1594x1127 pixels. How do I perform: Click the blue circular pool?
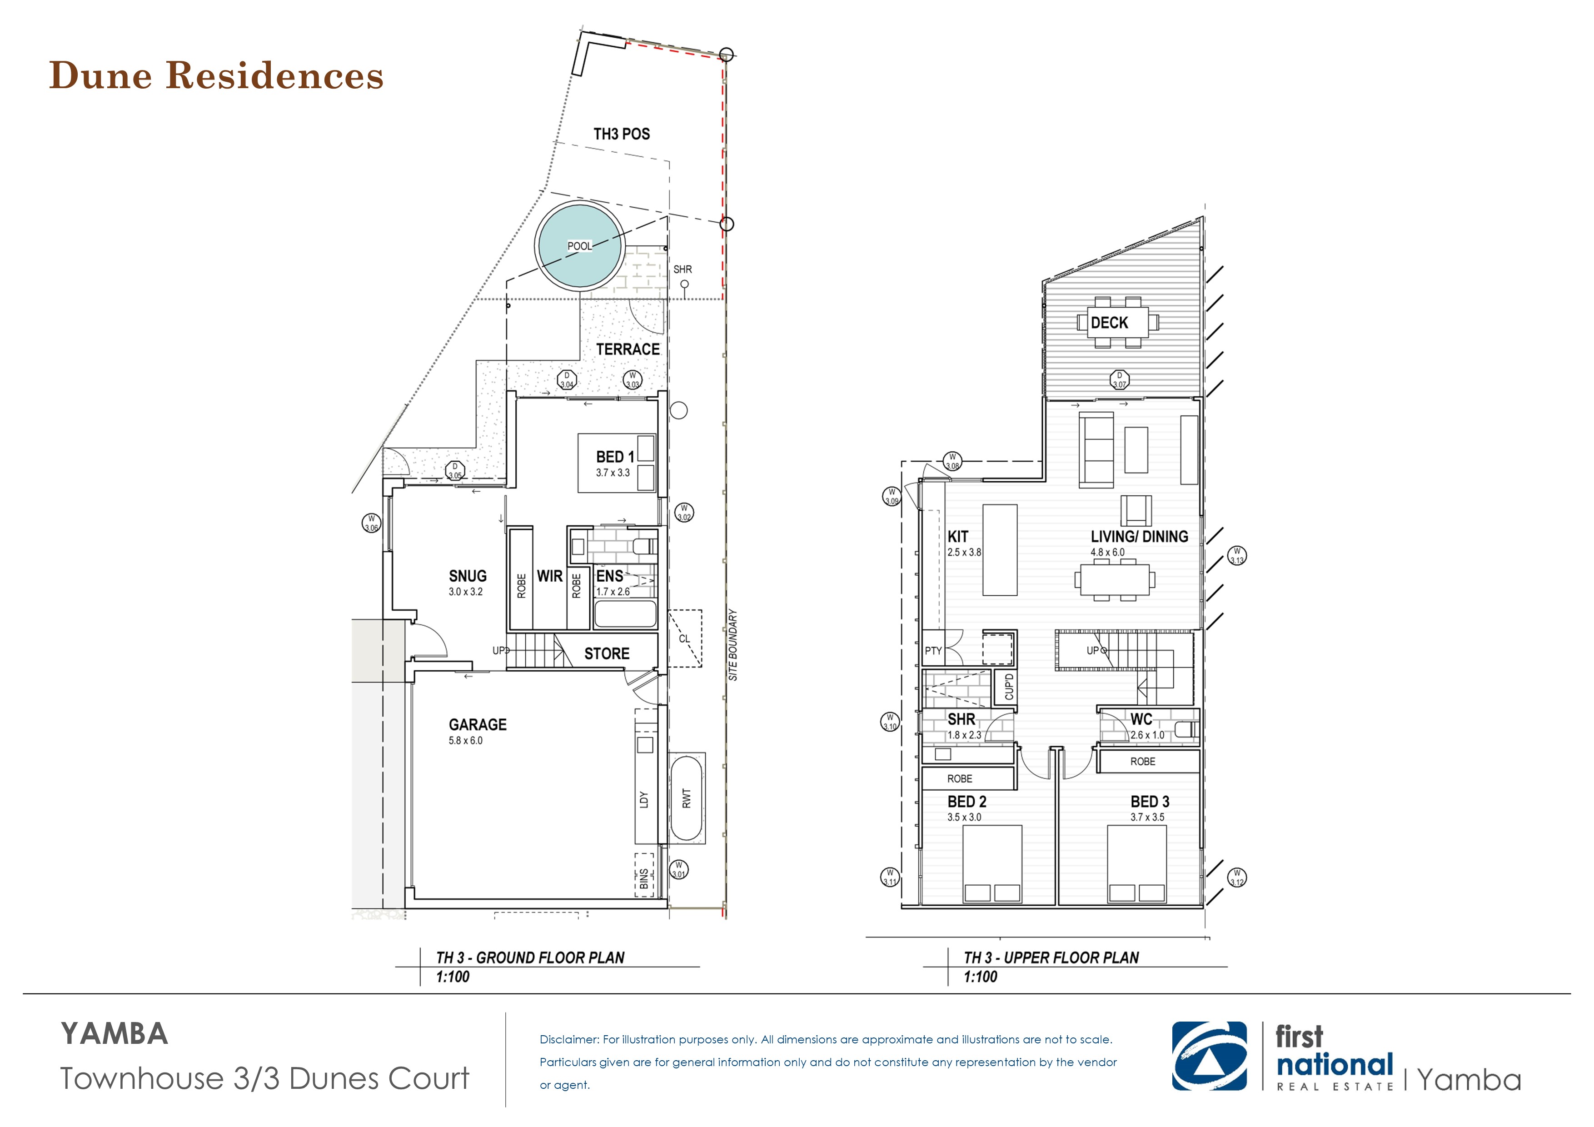click(x=580, y=246)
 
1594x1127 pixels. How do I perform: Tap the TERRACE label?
click(x=628, y=349)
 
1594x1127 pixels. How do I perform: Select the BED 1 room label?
click(x=614, y=457)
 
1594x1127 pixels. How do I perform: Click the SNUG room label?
click(x=467, y=576)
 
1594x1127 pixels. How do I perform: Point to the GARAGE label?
click(x=478, y=725)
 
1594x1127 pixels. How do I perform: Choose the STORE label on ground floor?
click(x=607, y=653)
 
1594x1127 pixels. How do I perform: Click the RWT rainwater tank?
click(x=687, y=798)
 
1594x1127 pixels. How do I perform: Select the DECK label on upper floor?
click(x=1110, y=323)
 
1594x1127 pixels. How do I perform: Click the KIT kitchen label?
click(x=958, y=537)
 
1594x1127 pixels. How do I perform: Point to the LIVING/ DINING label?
click(x=1139, y=537)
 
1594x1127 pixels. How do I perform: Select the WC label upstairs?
click(x=1141, y=719)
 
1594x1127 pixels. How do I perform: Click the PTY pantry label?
click(x=933, y=651)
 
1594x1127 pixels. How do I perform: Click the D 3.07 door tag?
click(x=1119, y=380)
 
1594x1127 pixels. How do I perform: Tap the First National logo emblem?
click(x=1209, y=1056)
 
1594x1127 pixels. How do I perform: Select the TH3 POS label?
click(x=621, y=134)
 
